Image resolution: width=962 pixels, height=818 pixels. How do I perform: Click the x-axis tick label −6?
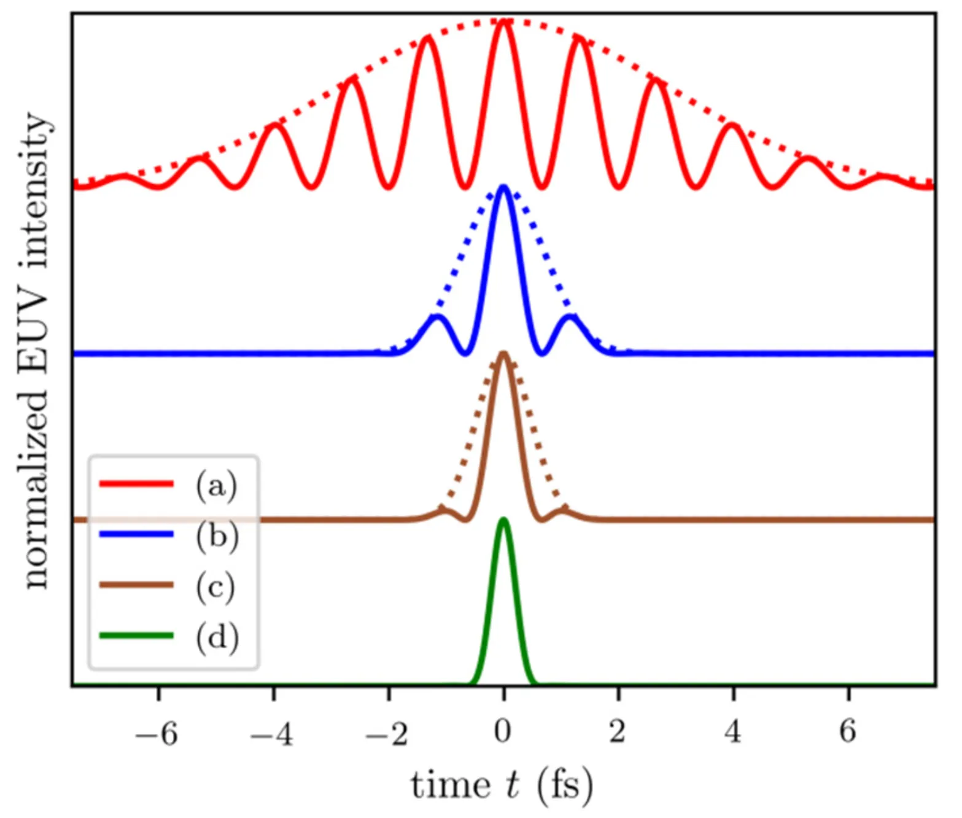click(x=157, y=733)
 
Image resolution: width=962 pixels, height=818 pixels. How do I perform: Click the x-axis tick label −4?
click(x=271, y=733)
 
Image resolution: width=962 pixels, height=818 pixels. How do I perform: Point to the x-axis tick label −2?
click(x=387, y=733)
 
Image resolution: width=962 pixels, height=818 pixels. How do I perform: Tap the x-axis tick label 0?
click(x=503, y=731)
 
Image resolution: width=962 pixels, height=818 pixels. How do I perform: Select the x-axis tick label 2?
click(x=618, y=731)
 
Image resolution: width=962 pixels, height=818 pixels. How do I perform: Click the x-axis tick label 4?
click(x=733, y=731)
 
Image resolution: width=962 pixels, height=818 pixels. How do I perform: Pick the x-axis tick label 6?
click(x=848, y=731)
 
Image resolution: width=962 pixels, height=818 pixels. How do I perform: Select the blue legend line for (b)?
click(x=136, y=535)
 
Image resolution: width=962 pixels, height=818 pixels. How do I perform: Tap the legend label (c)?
click(x=215, y=586)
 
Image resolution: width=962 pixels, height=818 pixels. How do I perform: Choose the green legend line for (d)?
click(x=136, y=636)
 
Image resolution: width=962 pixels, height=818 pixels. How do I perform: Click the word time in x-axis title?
click(x=450, y=785)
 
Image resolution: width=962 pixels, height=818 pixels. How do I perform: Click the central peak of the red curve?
click(x=503, y=22)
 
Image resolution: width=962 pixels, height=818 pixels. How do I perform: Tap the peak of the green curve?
click(x=503, y=520)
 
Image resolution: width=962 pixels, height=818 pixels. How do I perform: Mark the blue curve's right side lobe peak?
click(x=571, y=317)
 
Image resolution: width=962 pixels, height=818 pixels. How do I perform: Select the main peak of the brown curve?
click(x=503, y=353)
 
